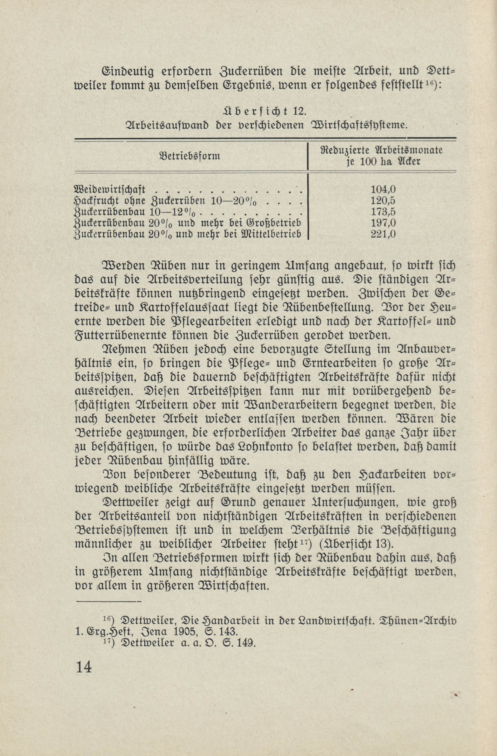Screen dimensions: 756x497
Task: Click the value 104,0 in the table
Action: click(383, 190)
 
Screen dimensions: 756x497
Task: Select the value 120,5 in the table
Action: click(383, 201)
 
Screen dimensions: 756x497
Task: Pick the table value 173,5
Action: click(383, 212)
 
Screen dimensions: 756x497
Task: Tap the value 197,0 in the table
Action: click(383, 223)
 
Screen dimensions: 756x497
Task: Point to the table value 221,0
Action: click(383, 234)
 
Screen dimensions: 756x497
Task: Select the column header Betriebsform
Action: click(189, 156)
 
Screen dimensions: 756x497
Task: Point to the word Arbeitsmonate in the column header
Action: click(409, 150)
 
